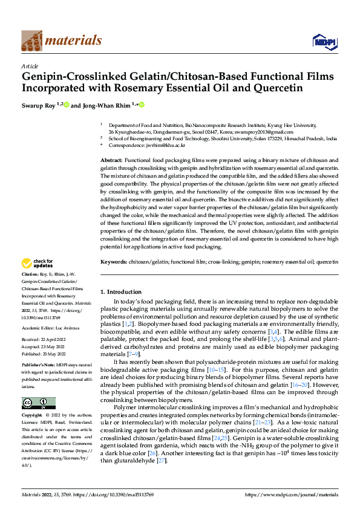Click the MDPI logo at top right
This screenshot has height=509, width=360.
322,41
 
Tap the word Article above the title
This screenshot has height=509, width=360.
30,66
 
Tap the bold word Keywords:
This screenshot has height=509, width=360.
113,262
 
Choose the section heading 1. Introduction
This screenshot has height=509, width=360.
121,292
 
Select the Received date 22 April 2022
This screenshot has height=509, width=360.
57,340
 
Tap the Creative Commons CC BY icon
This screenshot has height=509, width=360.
38,403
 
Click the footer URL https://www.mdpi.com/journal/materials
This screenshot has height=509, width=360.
291,495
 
